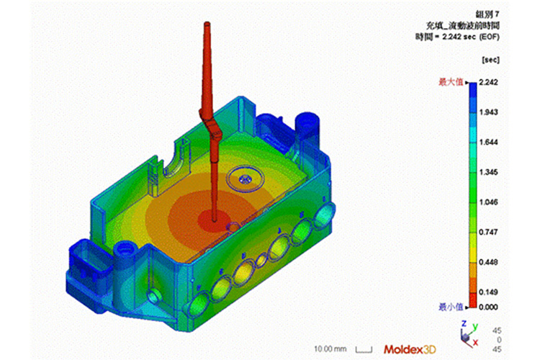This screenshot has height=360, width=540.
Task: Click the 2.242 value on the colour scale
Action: [488, 82]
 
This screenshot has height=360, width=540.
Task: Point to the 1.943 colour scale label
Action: [488, 112]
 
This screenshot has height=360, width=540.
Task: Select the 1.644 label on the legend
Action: [488, 143]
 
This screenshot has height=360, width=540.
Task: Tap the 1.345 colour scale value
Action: [488, 172]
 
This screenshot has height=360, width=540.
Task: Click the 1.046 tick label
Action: [488, 202]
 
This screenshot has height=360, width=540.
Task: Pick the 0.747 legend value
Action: [488, 232]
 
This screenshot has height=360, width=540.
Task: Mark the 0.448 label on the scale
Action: [488, 263]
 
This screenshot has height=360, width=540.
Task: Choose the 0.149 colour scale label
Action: [488, 292]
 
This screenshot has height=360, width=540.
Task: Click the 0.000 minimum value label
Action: [488, 307]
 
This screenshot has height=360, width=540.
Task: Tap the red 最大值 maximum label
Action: [451, 82]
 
